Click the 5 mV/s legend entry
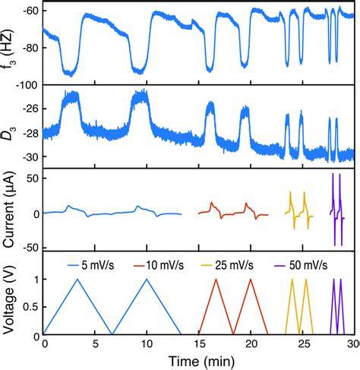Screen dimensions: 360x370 90,265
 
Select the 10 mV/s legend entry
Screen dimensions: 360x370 159,265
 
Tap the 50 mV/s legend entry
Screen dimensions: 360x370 301,265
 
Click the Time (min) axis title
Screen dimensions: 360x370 201,362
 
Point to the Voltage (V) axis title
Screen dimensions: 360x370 8,299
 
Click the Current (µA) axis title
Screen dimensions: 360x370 9,210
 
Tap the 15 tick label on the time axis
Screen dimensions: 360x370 199,344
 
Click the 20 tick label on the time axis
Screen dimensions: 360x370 251,344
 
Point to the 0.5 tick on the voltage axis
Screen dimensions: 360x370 31,307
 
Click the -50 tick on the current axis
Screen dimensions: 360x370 31,248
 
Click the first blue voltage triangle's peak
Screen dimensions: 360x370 77,279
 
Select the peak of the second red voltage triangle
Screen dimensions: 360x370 251,279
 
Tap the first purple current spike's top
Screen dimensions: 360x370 333,173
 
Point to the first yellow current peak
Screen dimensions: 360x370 290,192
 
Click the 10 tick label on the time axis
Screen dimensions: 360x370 147,344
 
